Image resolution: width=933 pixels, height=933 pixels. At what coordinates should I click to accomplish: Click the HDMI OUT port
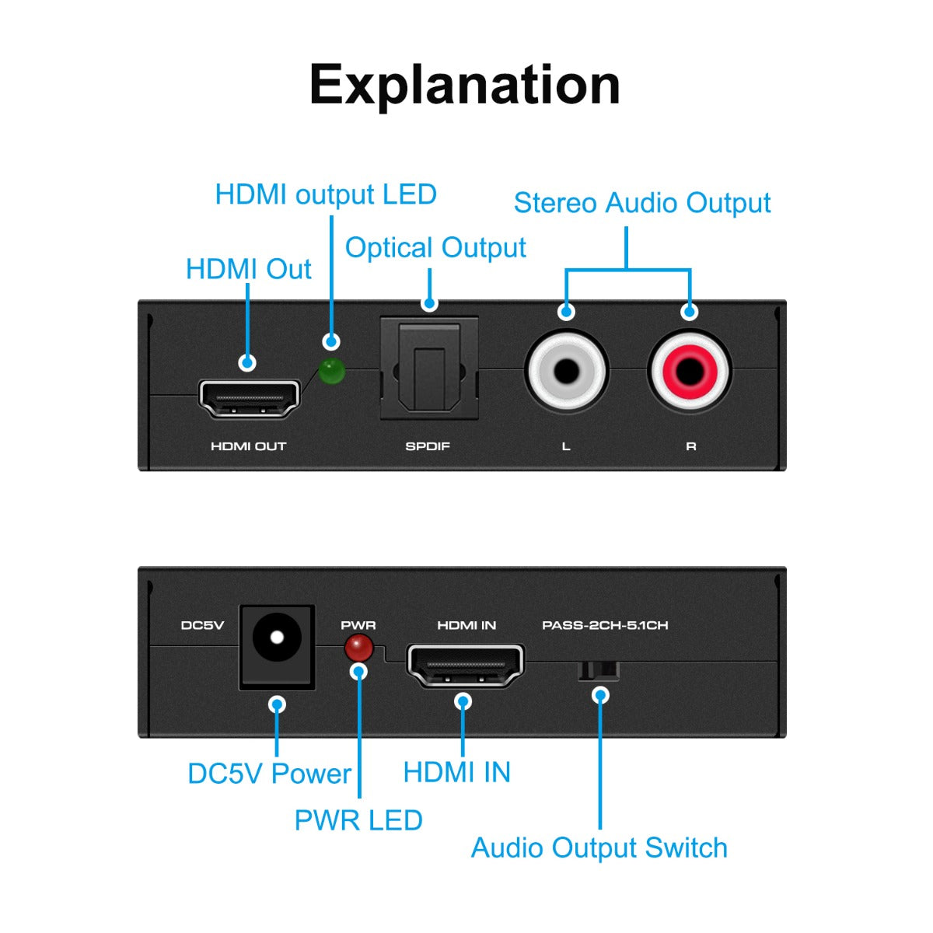point(249,398)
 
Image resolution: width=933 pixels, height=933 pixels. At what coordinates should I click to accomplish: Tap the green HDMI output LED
point(332,372)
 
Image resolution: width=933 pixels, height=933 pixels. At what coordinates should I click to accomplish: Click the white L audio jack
point(566,371)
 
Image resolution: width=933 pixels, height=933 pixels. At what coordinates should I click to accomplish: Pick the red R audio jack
point(689,371)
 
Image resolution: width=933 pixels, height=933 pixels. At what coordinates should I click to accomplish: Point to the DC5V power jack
point(277,645)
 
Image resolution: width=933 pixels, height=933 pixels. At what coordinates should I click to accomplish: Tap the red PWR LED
point(358,647)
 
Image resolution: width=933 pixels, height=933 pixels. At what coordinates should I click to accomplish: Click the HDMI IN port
point(465,666)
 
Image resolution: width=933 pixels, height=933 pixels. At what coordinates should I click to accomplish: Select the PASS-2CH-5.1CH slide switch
point(599,670)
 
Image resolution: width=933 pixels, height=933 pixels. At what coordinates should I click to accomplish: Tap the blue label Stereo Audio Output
point(642,203)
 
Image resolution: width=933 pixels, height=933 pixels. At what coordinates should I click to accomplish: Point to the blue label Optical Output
point(435,248)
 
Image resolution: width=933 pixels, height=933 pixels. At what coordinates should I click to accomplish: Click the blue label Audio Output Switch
point(599,847)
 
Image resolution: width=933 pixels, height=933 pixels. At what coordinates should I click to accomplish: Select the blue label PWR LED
point(358,820)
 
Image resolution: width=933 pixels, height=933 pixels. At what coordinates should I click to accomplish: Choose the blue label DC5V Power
point(269,774)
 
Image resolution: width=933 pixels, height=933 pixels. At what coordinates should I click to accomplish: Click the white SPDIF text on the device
point(428,446)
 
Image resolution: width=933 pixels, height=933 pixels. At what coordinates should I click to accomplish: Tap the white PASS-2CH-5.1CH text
point(605,625)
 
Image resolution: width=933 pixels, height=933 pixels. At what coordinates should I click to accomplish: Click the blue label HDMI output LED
point(326,194)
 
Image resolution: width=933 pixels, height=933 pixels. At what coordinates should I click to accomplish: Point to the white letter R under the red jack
point(690,446)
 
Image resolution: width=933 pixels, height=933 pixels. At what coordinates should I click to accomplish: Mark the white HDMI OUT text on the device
point(249,446)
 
